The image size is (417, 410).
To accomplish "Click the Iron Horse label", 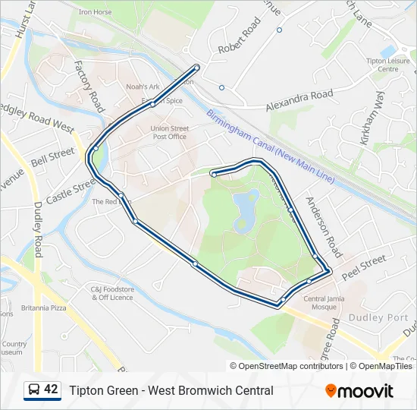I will tap(95, 13).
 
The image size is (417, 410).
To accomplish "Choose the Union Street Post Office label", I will tap(169, 133).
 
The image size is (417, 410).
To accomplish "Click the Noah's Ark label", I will tap(143, 87).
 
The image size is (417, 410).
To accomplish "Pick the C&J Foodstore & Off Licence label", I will tap(112, 293).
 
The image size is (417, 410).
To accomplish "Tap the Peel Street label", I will tap(364, 263).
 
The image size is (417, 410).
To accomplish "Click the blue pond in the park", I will tap(244, 209).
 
